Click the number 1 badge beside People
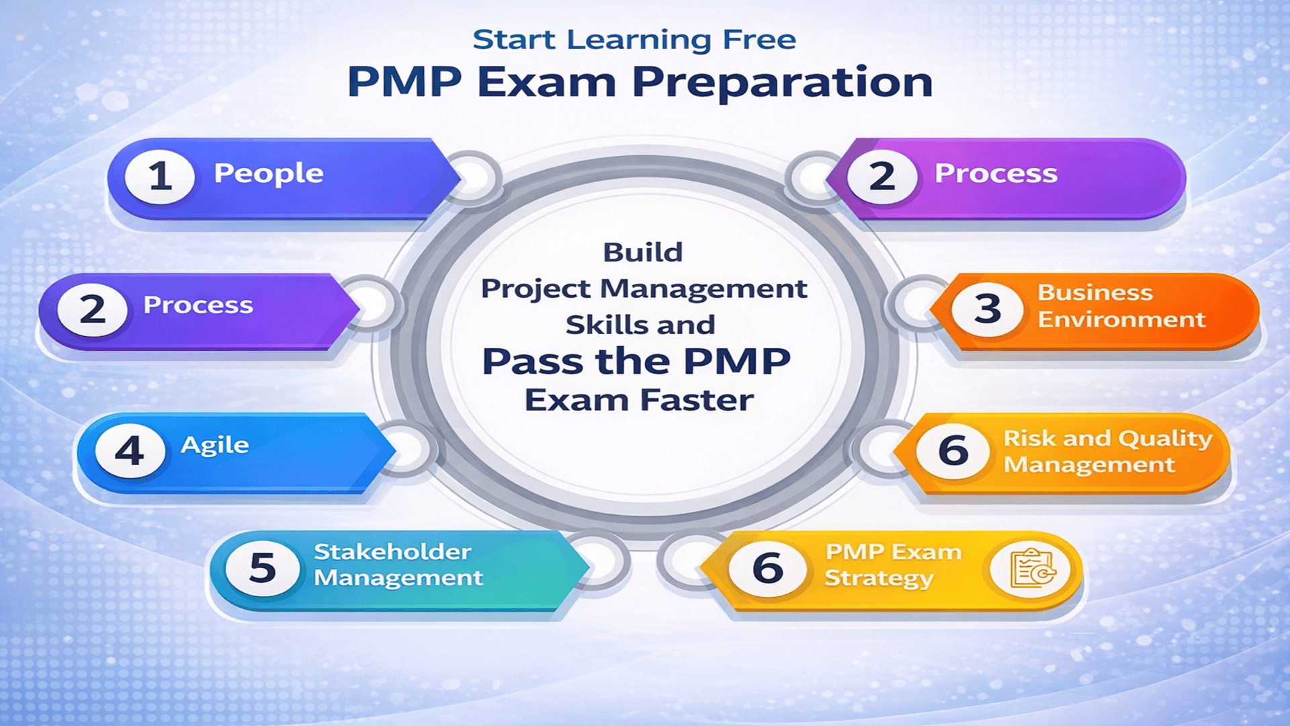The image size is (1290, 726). coord(160,177)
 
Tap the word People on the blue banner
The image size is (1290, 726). coord(269,173)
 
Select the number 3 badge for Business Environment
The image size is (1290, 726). coord(987,309)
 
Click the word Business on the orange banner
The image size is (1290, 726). coord(1094,292)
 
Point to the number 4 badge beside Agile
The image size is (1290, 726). coord(130,450)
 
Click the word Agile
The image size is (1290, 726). coord(215,445)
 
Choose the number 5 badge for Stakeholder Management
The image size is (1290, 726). coord(262,568)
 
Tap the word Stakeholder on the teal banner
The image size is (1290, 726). coord(392,552)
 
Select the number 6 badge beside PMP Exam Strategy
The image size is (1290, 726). coord(767,569)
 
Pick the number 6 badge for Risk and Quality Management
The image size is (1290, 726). coord(953,451)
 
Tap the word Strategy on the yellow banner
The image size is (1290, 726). coord(879,578)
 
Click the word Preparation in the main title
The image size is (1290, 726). coord(782,82)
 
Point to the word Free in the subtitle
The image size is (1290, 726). coord(759,40)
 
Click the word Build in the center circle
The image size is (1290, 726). coord(642,253)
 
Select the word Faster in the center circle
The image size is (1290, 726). coord(696,401)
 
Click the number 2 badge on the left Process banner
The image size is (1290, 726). coord(92,310)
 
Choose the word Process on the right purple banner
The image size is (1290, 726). coord(996,173)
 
